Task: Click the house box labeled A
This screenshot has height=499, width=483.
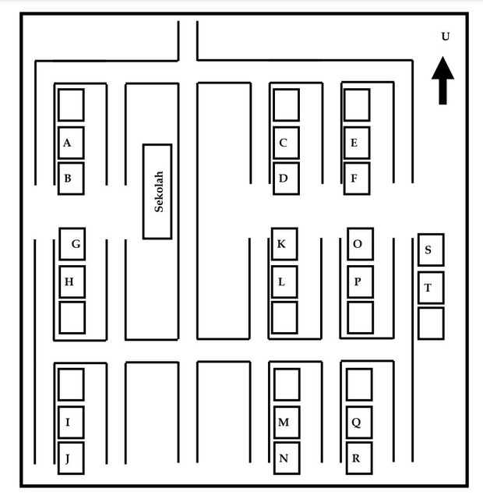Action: [71, 143]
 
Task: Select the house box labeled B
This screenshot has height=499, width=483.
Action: [71, 179]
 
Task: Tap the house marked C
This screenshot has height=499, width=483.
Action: [286, 143]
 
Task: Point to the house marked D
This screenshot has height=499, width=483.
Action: [286, 179]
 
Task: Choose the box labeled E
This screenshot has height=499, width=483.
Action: [357, 143]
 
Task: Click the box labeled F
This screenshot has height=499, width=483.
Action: [357, 179]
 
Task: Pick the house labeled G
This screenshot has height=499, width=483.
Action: [72, 244]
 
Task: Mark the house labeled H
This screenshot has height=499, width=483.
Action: [72, 282]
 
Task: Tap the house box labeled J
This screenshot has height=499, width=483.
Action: [71, 458]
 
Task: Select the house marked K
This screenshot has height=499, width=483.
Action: [284, 244]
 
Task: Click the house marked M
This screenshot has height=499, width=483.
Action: [287, 423]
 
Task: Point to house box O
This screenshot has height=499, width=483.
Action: [360, 244]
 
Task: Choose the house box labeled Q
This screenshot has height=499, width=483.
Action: [359, 423]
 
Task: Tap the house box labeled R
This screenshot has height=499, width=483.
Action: [359, 458]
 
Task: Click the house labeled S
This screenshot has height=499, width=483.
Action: [431, 249]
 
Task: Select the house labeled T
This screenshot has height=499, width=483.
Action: [431, 288]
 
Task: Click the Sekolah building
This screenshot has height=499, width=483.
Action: [157, 191]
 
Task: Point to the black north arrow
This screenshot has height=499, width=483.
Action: [442, 80]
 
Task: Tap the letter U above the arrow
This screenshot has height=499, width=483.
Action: [446, 37]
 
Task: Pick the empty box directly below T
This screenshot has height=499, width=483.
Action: [431, 324]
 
